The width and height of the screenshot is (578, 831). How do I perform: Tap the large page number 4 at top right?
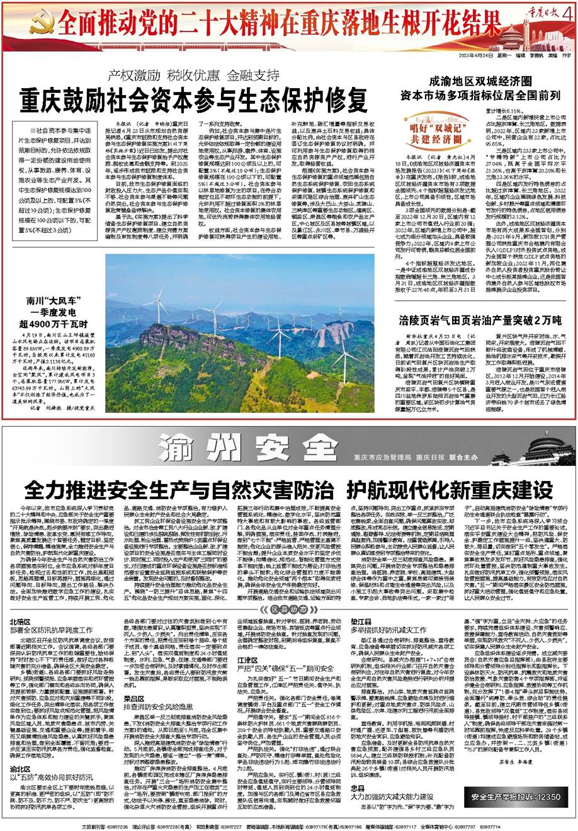click(571, 12)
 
